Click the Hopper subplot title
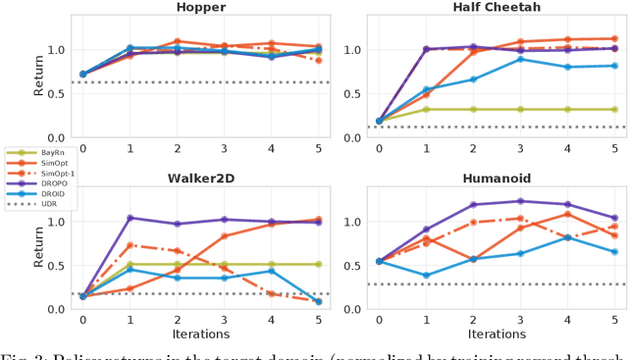tap(200, 8)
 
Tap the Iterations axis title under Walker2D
tap(200, 335)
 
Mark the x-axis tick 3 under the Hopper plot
tap(225, 148)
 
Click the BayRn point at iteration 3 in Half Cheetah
tap(520, 110)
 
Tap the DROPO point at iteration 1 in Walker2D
tap(130, 218)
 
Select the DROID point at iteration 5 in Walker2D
tap(319, 301)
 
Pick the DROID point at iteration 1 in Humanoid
tap(426, 276)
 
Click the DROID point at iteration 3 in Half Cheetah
tap(520, 59)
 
